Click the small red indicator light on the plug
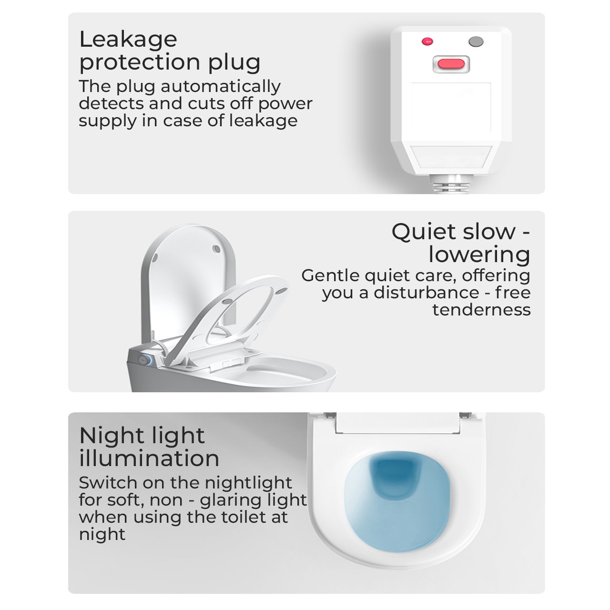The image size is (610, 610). tap(427, 41)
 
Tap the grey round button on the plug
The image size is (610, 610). tap(476, 41)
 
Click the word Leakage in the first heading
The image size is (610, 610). tap(128, 40)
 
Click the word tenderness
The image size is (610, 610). tap(481, 310)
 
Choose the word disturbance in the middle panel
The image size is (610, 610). tap(426, 292)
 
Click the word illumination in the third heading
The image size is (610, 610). tap(149, 458)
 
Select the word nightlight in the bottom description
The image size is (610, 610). tap(248, 483)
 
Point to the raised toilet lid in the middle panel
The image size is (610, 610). tap(188, 279)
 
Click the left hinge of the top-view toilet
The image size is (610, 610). tap(329, 415)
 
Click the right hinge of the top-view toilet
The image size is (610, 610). tap(465, 415)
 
